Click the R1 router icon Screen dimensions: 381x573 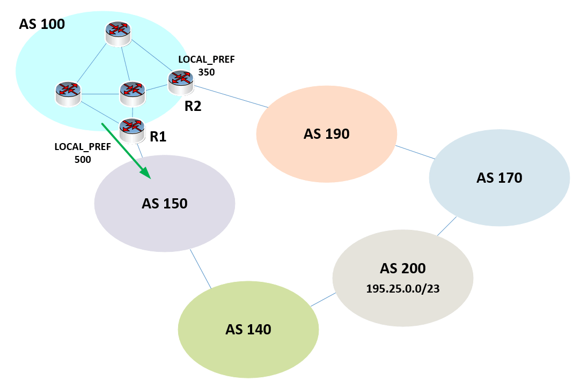click(132, 130)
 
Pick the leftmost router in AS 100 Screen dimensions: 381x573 click(68, 93)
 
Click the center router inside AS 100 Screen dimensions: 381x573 click(132, 93)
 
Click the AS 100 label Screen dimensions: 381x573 click(42, 24)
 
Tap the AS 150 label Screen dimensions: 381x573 click(164, 203)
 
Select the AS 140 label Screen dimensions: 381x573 click(248, 329)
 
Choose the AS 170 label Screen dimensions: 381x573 click(499, 177)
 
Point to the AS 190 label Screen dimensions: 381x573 click(326, 133)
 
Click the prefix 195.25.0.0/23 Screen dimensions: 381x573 click(403, 288)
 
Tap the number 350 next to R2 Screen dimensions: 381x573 click(207, 71)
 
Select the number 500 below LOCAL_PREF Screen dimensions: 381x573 click(83, 159)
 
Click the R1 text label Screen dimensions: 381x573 click(158, 137)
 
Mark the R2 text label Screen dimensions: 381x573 click(193, 106)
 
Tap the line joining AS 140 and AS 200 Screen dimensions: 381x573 click(321, 300)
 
